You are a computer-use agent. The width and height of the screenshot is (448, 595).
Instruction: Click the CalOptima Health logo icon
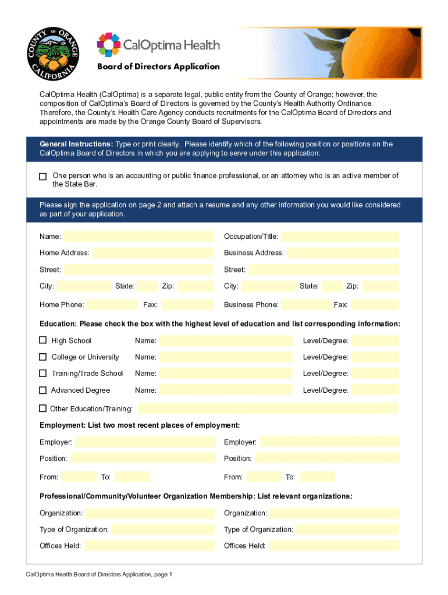[109, 44]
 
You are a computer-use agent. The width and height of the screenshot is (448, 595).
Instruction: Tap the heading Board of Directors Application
[158, 66]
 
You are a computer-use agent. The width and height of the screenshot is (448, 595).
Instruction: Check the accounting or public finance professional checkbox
[42, 176]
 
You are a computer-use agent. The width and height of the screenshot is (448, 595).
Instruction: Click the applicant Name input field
[138, 236]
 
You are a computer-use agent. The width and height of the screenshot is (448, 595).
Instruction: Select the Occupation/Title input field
[340, 236]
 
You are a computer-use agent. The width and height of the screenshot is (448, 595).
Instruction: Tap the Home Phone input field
[111, 304]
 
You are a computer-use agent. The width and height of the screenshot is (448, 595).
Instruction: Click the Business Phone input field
[306, 304]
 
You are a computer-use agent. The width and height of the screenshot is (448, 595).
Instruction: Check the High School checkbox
[43, 340]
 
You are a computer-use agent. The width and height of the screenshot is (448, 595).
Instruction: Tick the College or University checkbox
[43, 357]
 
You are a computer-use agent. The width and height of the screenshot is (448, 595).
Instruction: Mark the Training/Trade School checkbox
[43, 373]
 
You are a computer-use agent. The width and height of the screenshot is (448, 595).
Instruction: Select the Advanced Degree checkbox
[43, 390]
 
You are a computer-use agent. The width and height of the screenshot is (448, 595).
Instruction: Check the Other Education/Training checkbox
[43, 408]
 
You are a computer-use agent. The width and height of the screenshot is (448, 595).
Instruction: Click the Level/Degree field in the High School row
[375, 340]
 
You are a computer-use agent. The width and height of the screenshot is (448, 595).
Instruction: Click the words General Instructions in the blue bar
[76, 144]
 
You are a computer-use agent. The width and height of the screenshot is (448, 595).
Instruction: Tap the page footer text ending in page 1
[99, 575]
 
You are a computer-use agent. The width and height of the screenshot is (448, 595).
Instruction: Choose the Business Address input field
[343, 253]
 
